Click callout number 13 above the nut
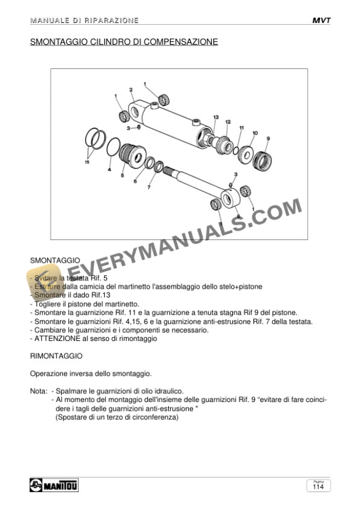pos(216,117)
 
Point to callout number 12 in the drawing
pos(228,122)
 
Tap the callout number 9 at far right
pos(268,139)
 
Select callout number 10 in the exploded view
pos(255,133)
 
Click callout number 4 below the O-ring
pos(109,170)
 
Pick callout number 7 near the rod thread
pos(149,187)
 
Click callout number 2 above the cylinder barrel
pos(131,90)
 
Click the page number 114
pos(318,487)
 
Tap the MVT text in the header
pos(321,21)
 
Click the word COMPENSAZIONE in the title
pos(179,42)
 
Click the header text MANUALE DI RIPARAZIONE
pos(84,21)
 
